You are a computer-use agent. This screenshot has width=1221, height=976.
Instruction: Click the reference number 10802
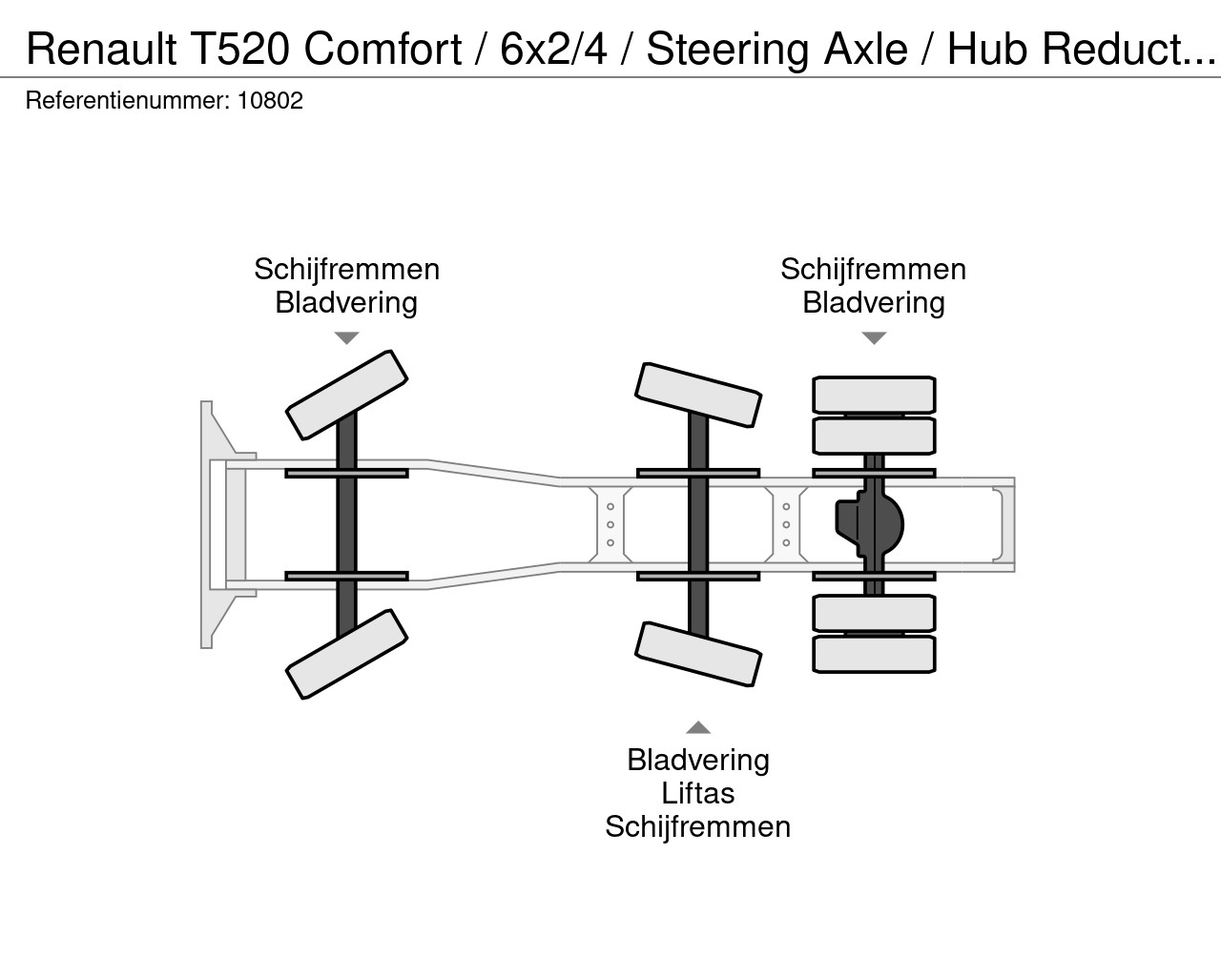pos(270,101)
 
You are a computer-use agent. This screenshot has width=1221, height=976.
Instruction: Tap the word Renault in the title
pos(101,49)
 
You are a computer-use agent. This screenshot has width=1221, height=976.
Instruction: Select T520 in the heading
pos(240,49)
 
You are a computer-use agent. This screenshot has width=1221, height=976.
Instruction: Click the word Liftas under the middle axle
pos(698,793)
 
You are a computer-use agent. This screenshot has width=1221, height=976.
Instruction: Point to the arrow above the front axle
pos(346,338)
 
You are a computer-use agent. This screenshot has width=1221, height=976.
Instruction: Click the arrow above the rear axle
pos(875,338)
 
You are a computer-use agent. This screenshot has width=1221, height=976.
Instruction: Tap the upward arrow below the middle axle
pos(698,727)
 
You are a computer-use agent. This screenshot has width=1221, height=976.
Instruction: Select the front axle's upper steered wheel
pos(346,395)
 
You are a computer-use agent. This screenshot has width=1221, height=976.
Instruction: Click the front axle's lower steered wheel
pos(346,655)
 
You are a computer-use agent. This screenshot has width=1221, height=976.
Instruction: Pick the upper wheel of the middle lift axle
pos(698,395)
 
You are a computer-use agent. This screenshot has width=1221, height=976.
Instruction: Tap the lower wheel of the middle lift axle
pos(698,655)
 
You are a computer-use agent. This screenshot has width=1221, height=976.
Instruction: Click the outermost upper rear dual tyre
pos(875,395)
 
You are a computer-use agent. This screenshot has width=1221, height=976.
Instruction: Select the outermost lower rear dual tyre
pos(875,655)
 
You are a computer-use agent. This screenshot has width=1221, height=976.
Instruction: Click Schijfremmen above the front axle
pos(346,270)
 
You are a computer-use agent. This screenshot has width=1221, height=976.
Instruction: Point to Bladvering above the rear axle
pos(874,303)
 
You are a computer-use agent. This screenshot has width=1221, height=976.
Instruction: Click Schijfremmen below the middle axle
pos(698,827)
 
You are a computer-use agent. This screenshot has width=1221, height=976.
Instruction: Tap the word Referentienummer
pos(128,101)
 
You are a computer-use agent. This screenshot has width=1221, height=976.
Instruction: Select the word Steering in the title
pos(728,50)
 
